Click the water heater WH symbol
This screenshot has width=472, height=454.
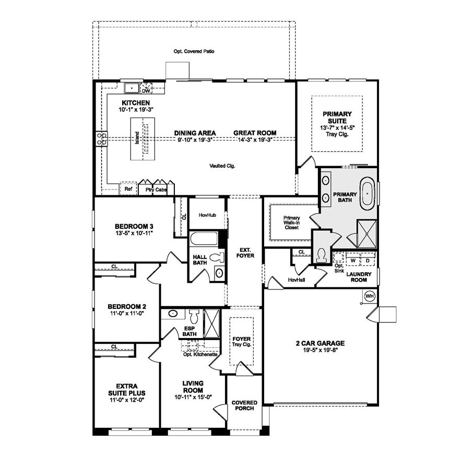coord(370,296)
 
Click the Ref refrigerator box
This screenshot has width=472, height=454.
coord(128,189)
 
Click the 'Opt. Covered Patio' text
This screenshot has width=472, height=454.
coord(194,52)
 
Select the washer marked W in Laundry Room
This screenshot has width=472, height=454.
coord(353,260)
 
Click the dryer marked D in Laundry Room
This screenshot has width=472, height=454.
coord(367,260)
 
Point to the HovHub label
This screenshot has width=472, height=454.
coord(207,214)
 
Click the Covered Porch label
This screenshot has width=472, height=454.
coord(244,405)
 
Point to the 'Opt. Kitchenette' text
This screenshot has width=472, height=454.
coord(200,354)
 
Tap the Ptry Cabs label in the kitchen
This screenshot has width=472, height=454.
coord(157,190)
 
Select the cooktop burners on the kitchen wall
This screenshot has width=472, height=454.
coord(101,138)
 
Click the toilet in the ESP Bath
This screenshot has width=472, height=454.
coord(194,316)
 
